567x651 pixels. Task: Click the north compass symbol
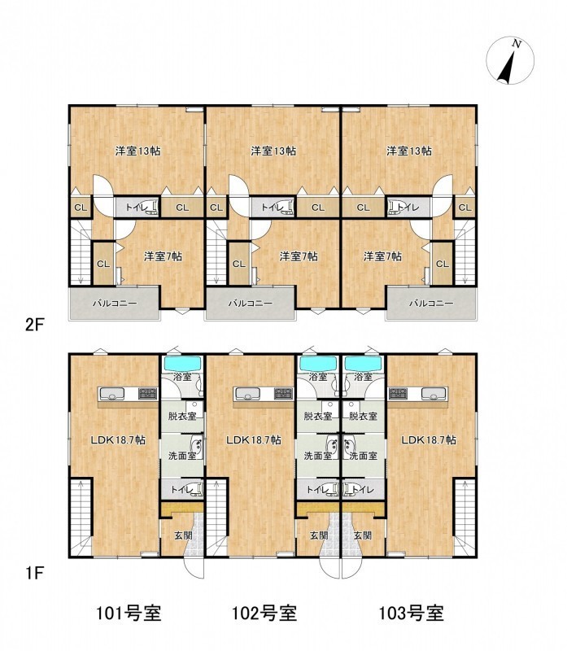click(x=510, y=60)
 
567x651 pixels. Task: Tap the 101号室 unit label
click(x=129, y=613)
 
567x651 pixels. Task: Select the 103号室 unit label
click(x=412, y=613)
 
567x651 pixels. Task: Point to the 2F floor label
click(x=34, y=325)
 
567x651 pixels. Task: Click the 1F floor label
click(x=34, y=574)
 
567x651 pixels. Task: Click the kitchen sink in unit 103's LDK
click(x=434, y=393)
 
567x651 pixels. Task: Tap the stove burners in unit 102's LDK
click(x=283, y=393)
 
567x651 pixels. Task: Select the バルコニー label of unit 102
click(x=250, y=304)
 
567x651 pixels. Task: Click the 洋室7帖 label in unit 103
click(x=382, y=256)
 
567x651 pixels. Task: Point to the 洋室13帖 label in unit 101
click(x=137, y=151)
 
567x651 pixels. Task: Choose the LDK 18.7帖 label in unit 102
click(x=253, y=440)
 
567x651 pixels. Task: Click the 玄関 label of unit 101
click(x=183, y=535)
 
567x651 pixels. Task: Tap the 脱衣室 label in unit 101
click(x=182, y=416)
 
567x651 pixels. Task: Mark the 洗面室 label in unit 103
click(x=363, y=456)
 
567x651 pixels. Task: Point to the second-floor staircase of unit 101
click(x=81, y=252)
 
